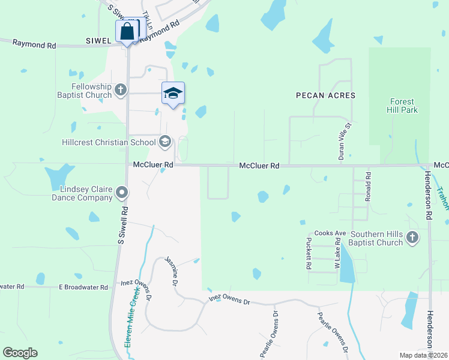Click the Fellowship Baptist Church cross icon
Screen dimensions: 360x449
(121, 90)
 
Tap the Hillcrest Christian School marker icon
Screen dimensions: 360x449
(164, 142)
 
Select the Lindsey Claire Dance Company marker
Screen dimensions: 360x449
(122, 193)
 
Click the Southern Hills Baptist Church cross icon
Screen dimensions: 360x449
(412, 238)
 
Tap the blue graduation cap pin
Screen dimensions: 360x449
(173, 94)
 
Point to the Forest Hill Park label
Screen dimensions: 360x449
(403, 106)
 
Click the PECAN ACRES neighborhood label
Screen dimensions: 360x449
(325, 95)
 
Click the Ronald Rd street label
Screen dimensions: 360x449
(369, 186)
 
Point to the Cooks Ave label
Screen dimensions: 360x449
(330, 233)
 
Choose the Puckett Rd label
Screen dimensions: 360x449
(309, 254)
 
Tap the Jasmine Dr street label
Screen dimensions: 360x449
(172, 272)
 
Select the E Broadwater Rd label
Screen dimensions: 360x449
(83, 287)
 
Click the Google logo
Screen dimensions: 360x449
(20, 353)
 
